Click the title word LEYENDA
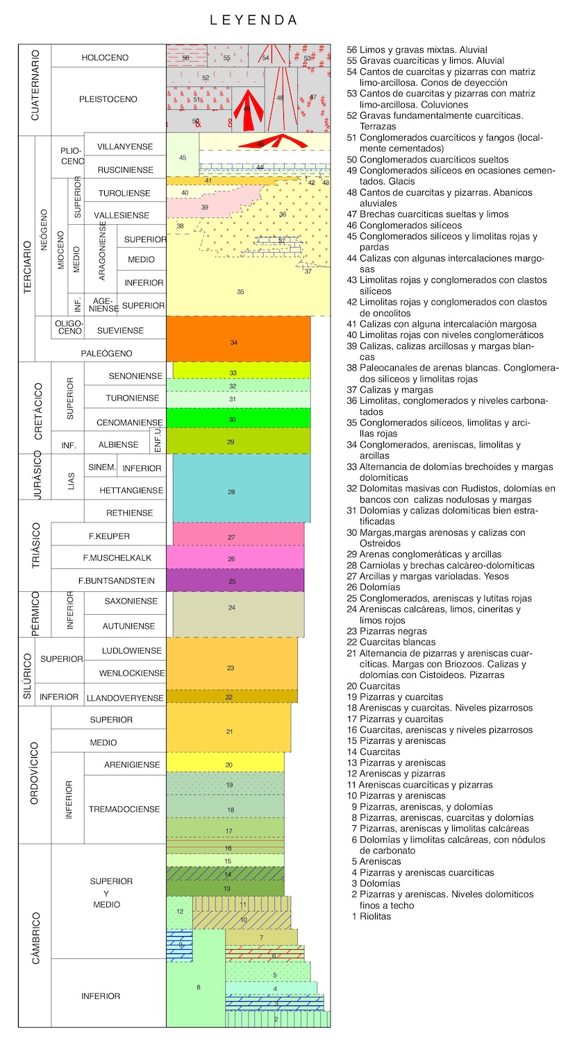[x=254, y=21]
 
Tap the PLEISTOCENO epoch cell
[x=108, y=99]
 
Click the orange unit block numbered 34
[x=238, y=343]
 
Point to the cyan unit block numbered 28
[x=238, y=491]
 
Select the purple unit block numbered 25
[x=238, y=581]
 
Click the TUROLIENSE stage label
[x=125, y=192]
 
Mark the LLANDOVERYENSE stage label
[x=125, y=697]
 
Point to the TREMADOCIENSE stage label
[x=124, y=809]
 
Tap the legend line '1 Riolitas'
[x=372, y=916]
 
